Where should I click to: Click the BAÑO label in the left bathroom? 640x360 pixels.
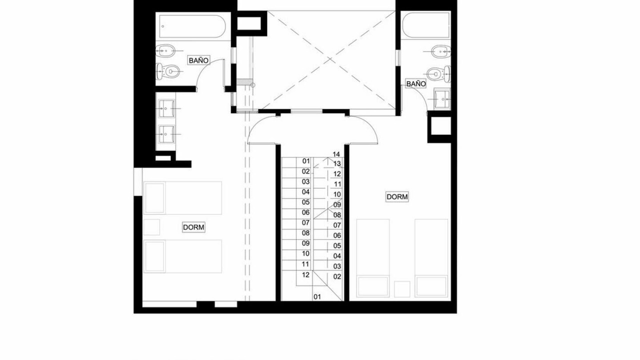click(x=199, y=60)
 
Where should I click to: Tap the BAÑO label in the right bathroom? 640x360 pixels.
click(x=415, y=83)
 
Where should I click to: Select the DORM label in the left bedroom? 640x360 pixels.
click(x=193, y=227)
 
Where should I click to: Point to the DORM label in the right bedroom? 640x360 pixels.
click(x=397, y=197)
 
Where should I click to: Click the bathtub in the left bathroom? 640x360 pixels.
click(x=192, y=26)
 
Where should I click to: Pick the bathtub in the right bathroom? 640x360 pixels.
click(x=425, y=25)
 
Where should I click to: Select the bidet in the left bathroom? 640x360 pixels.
click(x=165, y=51)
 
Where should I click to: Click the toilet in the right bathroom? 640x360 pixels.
click(x=439, y=73)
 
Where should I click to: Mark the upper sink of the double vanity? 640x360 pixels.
click(x=166, y=108)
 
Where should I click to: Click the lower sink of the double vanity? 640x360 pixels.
click(x=166, y=134)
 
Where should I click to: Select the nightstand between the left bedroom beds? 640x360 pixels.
click(x=151, y=227)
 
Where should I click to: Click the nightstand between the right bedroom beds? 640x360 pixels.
click(x=402, y=289)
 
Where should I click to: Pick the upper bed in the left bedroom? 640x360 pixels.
click(x=182, y=197)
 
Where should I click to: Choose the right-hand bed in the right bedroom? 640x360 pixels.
click(x=431, y=258)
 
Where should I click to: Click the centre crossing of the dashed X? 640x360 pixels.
click(x=330, y=59)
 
